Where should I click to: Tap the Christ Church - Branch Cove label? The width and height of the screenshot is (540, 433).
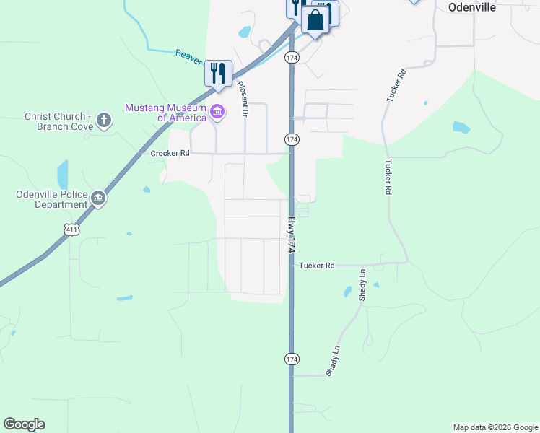58,121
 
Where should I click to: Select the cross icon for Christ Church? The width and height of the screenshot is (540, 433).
104,120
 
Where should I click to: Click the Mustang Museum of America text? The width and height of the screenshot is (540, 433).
166,113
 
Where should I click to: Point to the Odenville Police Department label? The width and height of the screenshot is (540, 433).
52,199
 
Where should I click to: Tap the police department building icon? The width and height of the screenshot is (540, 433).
98,198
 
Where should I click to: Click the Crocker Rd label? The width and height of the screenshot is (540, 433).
170,154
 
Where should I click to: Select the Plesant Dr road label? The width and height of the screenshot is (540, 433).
243,99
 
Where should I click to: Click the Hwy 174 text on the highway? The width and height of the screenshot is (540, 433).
292,235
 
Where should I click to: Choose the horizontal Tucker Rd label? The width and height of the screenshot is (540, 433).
317,266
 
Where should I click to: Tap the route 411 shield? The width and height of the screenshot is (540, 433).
71,229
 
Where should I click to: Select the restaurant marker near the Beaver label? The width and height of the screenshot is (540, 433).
218,74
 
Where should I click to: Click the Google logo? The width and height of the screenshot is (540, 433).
24,424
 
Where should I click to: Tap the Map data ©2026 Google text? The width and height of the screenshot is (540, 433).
495,427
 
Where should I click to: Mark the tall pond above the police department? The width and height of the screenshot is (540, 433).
63,175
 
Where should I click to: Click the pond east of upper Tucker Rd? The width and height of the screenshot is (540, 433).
460,128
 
